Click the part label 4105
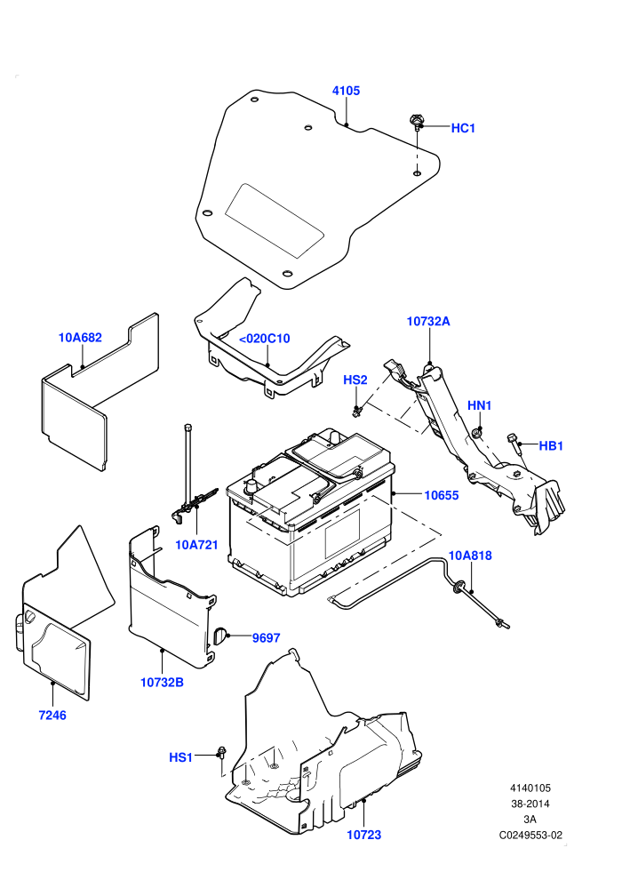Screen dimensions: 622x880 pyautogui.click(x=346, y=91)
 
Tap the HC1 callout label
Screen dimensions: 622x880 pyautogui.click(x=463, y=129)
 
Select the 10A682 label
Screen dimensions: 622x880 pyautogui.click(x=80, y=338)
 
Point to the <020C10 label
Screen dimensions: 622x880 pyautogui.click(x=264, y=339)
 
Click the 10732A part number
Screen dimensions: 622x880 pyautogui.click(x=428, y=322)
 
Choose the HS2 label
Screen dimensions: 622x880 pyautogui.click(x=355, y=380)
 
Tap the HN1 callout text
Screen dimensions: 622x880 pyautogui.click(x=480, y=405)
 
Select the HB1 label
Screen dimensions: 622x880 pyautogui.click(x=551, y=446)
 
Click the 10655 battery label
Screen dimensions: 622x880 pyautogui.click(x=442, y=496)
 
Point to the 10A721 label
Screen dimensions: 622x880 pyautogui.click(x=197, y=545)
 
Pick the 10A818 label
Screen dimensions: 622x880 pyautogui.click(x=470, y=556)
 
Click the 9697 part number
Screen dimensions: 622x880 pyautogui.click(x=266, y=638)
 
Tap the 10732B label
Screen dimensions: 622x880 pyautogui.click(x=162, y=683)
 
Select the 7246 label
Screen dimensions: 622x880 pyautogui.click(x=52, y=716)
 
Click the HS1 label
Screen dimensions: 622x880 pyautogui.click(x=180, y=757)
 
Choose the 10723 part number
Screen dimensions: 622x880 pyautogui.click(x=364, y=835)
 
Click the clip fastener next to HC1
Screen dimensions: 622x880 pyautogui.click(x=416, y=122)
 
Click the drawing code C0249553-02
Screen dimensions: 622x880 pyautogui.click(x=530, y=836)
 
